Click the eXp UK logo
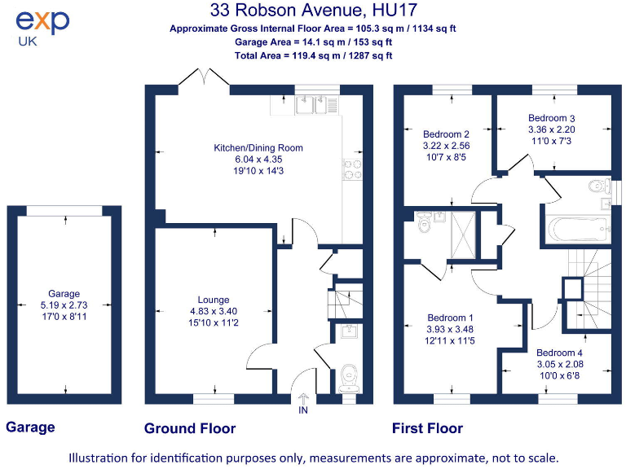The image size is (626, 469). point(42,26)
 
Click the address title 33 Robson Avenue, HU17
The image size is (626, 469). point(312,11)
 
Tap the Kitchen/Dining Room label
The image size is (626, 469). point(247,147)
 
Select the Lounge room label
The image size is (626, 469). point(214,300)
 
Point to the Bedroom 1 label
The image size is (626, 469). point(450,318)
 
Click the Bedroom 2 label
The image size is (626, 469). point(446,134)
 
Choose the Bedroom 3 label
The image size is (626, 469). point(552,118)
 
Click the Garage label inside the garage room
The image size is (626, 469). point(64,294)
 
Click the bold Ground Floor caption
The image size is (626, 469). point(190,428)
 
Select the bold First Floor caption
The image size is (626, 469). point(427,428)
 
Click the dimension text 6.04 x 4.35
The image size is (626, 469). point(246,160)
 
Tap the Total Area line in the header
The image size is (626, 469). point(312,55)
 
